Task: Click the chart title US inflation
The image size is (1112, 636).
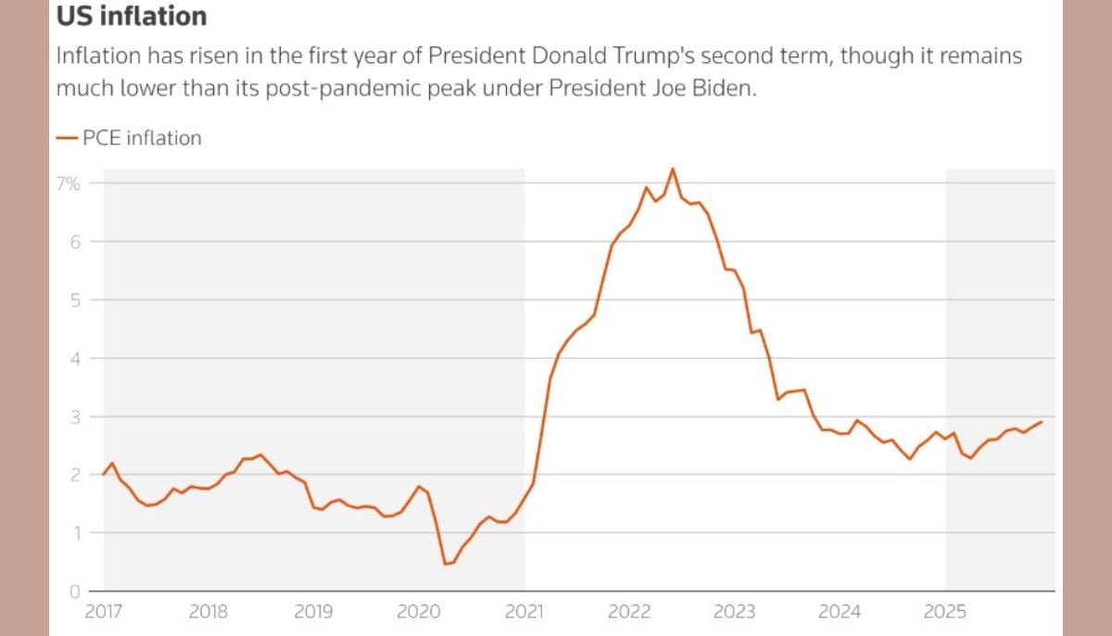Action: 132,17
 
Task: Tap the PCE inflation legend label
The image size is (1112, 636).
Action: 142,138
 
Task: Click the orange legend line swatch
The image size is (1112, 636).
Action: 67,138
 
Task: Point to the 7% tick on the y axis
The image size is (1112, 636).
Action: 69,184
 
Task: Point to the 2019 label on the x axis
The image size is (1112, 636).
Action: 313,612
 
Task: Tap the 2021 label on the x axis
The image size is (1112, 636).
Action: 524,612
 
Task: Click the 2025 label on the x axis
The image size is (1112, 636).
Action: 946,612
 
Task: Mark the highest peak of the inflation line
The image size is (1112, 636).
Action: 673,169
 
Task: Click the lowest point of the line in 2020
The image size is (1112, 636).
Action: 445,564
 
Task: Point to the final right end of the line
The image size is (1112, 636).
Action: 1042,422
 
